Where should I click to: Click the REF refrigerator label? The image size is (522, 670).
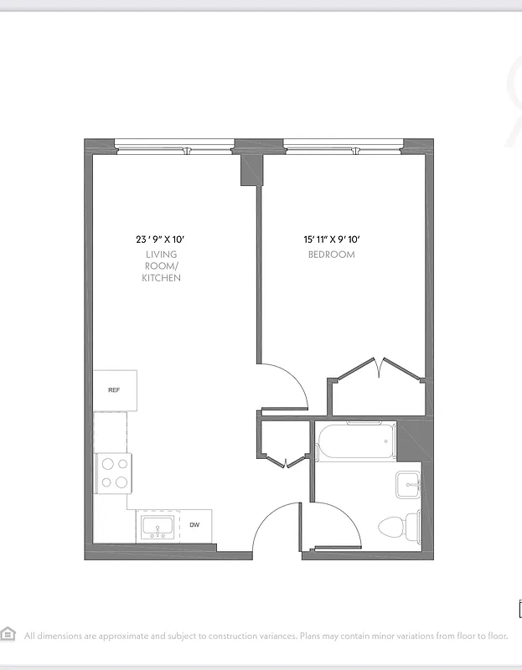[114, 390]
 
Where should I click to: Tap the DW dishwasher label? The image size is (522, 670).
[194, 525]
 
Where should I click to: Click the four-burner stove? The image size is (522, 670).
[114, 472]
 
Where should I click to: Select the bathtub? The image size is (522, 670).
[356, 441]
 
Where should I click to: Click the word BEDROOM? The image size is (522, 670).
[331, 255]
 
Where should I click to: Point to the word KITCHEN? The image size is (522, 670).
[161, 277]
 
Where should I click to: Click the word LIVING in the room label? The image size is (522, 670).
[161, 255]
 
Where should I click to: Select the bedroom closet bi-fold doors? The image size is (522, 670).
[381, 367]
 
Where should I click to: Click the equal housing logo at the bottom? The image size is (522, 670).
[9, 633]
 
